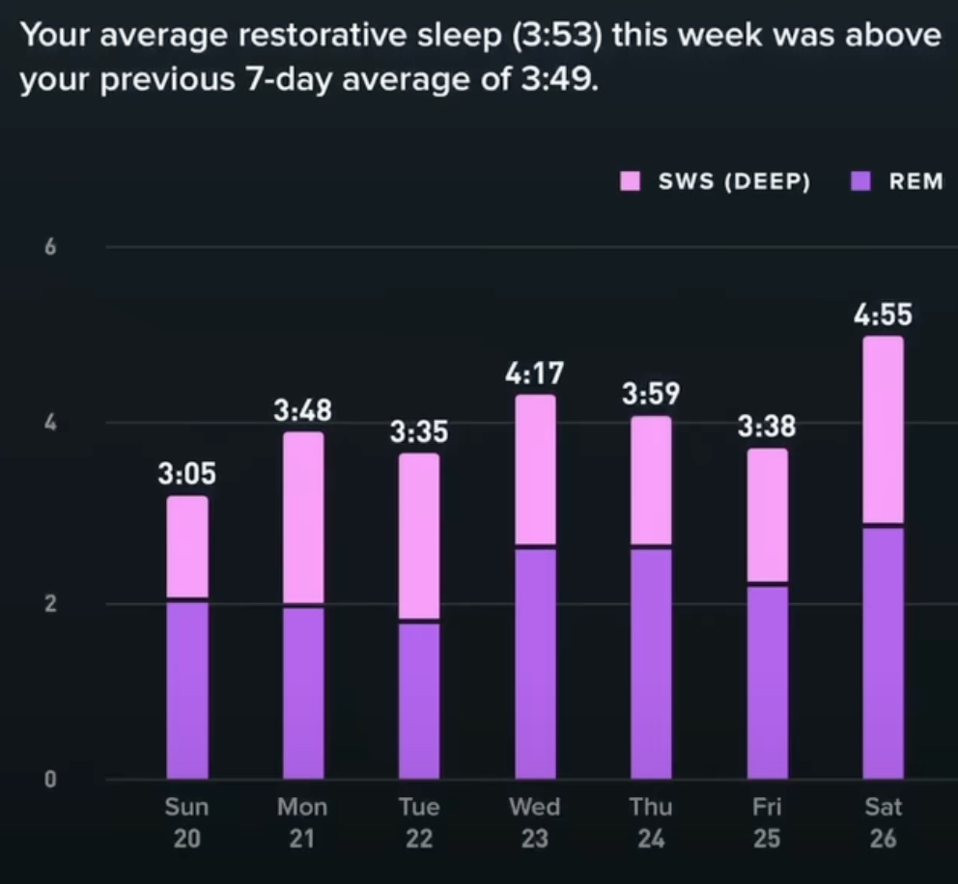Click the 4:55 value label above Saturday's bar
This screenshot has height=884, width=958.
click(x=883, y=316)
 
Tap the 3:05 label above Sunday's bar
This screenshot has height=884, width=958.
click(x=187, y=475)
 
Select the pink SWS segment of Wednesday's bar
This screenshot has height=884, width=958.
click(x=535, y=469)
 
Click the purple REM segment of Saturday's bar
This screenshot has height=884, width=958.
click(x=883, y=652)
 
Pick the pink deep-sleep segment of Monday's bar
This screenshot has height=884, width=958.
click(x=303, y=517)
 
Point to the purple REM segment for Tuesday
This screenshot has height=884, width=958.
click(x=419, y=700)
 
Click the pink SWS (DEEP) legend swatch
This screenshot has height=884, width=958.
click(x=632, y=181)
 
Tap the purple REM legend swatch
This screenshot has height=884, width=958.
click(x=862, y=181)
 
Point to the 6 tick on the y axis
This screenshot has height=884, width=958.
click(x=50, y=248)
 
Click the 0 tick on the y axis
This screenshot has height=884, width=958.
click(x=50, y=780)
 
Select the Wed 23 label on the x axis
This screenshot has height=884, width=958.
click(x=534, y=821)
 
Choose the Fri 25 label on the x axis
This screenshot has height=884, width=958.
click(x=766, y=821)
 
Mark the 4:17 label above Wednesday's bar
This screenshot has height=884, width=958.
click(x=534, y=373)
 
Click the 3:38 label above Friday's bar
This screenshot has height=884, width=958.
click(x=767, y=427)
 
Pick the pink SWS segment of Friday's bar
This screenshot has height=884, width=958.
click(x=767, y=515)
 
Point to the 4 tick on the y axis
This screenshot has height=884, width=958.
click(x=50, y=424)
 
